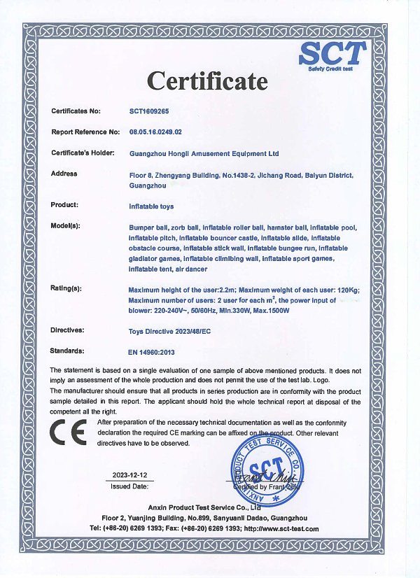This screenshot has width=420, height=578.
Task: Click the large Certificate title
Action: coord(206,80)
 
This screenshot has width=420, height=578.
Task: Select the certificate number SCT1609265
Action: coord(149,111)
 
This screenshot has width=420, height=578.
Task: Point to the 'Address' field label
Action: coord(64,174)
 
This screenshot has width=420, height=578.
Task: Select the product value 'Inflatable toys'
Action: coord(151,206)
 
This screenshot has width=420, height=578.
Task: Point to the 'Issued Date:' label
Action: coord(129,485)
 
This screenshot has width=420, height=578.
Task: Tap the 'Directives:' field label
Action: coord(68,329)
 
